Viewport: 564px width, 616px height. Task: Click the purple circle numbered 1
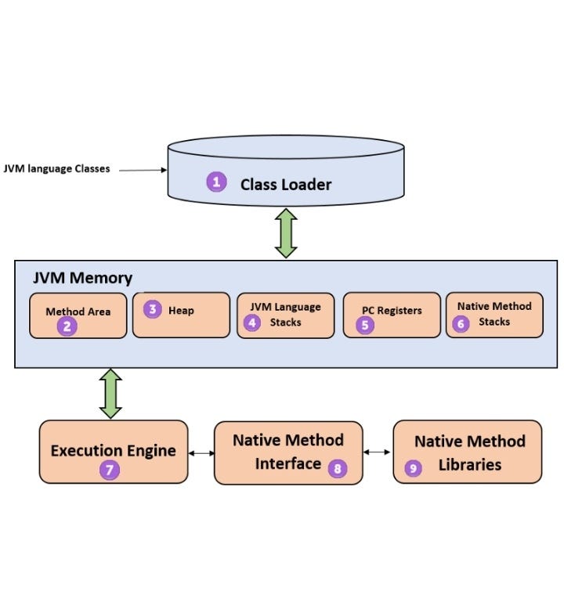tap(216, 182)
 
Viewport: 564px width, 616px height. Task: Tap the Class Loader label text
tap(285, 185)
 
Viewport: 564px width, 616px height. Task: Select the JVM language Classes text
tap(56, 168)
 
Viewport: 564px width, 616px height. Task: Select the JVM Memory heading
tap(82, 278)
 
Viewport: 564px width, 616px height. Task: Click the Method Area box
tap(78, 315)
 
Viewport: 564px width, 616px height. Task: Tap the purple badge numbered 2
tap(67, 326)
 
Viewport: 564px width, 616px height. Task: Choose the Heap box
tap(181, 315)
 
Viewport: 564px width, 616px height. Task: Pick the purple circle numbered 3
tap(153, 309)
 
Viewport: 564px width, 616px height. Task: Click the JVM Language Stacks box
tap(285, 315)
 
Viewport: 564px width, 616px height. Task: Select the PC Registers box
tap(392, 315)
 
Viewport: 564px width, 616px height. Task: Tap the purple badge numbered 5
tap(365, 325)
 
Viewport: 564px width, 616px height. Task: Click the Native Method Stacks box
tap(493, 315)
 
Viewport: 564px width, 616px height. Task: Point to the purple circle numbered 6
tap(461, 322)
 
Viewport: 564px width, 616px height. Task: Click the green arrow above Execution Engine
tap(110, 394)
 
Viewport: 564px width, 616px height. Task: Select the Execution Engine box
tap(114, 452)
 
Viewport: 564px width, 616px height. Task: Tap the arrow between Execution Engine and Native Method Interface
tap(201, 452)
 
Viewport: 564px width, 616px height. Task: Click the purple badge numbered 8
tap(337, 468)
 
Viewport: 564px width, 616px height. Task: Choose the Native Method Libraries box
tap(468, 452)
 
